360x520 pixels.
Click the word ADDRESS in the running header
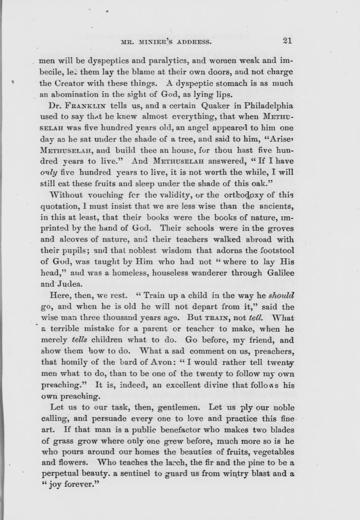pyautogui.click(x=190, y=42)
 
